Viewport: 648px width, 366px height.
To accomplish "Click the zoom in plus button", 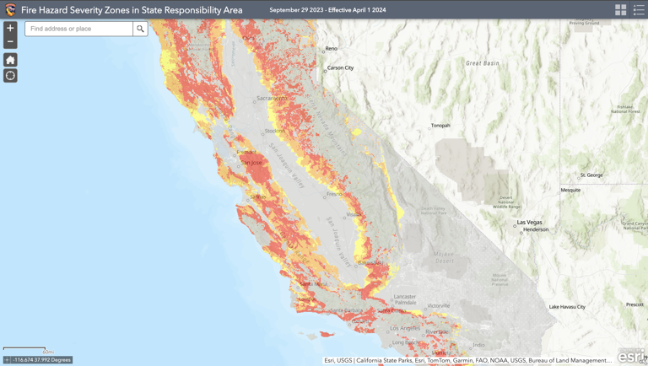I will click(10, 28).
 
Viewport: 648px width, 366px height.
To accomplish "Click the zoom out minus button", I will click(10, 41).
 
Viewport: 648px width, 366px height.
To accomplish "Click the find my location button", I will click(10, 75).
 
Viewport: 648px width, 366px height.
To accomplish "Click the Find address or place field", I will click(78, 29).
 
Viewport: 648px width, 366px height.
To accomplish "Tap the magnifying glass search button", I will click(140, 29).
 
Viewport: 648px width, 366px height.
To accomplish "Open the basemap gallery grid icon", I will click(621, 10).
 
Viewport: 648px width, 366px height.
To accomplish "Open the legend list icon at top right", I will click(639, 10).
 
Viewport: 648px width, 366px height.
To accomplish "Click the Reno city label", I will click(332, 48).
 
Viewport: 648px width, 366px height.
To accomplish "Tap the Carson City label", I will click(340, 67).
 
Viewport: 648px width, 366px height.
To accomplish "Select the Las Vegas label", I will click(530, 222).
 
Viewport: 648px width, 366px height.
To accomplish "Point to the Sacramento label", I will click(272, 98).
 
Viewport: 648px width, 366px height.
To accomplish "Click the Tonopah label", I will click(440, 126).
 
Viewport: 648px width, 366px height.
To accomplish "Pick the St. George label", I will click(591, 175).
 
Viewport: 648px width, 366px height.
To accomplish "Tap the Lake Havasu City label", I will click(567, 306).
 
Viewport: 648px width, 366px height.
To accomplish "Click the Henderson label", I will click(536, 229).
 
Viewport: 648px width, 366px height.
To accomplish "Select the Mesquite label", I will click(570, 190).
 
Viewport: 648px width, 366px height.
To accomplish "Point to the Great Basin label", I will click(482, 63).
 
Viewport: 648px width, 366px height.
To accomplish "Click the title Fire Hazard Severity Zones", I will click(132, 10).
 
